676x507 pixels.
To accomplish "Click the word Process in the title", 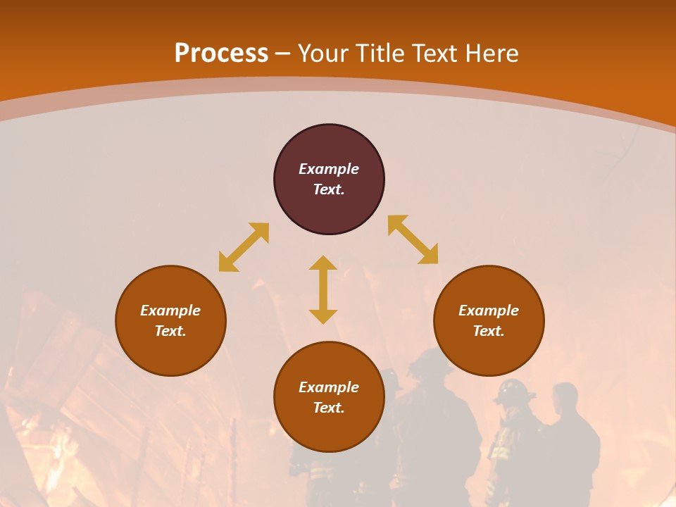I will pos(221,54).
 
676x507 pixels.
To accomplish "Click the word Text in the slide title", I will pos(435,54).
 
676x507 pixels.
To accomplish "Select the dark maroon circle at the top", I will pos(329,211).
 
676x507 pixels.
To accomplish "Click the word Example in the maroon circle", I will pos(329,169).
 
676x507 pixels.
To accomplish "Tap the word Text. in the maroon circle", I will pos(329,189).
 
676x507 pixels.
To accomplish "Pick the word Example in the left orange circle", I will pos(170,311).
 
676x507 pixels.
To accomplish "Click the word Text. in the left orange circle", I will pos(170,331).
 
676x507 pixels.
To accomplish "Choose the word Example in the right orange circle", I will pos(489,311).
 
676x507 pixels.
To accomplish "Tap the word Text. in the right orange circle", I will pos(489,331).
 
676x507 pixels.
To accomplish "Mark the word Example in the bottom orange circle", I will pos(329,387).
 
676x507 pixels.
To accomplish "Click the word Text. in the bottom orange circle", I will pos(329,408).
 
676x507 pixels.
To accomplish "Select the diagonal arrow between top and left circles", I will pos(244,247).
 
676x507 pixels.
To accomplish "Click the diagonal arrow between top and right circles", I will pos(413,239).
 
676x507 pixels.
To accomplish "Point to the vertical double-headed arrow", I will pos(323,289).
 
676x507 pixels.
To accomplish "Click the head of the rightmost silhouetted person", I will pos(565,399).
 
